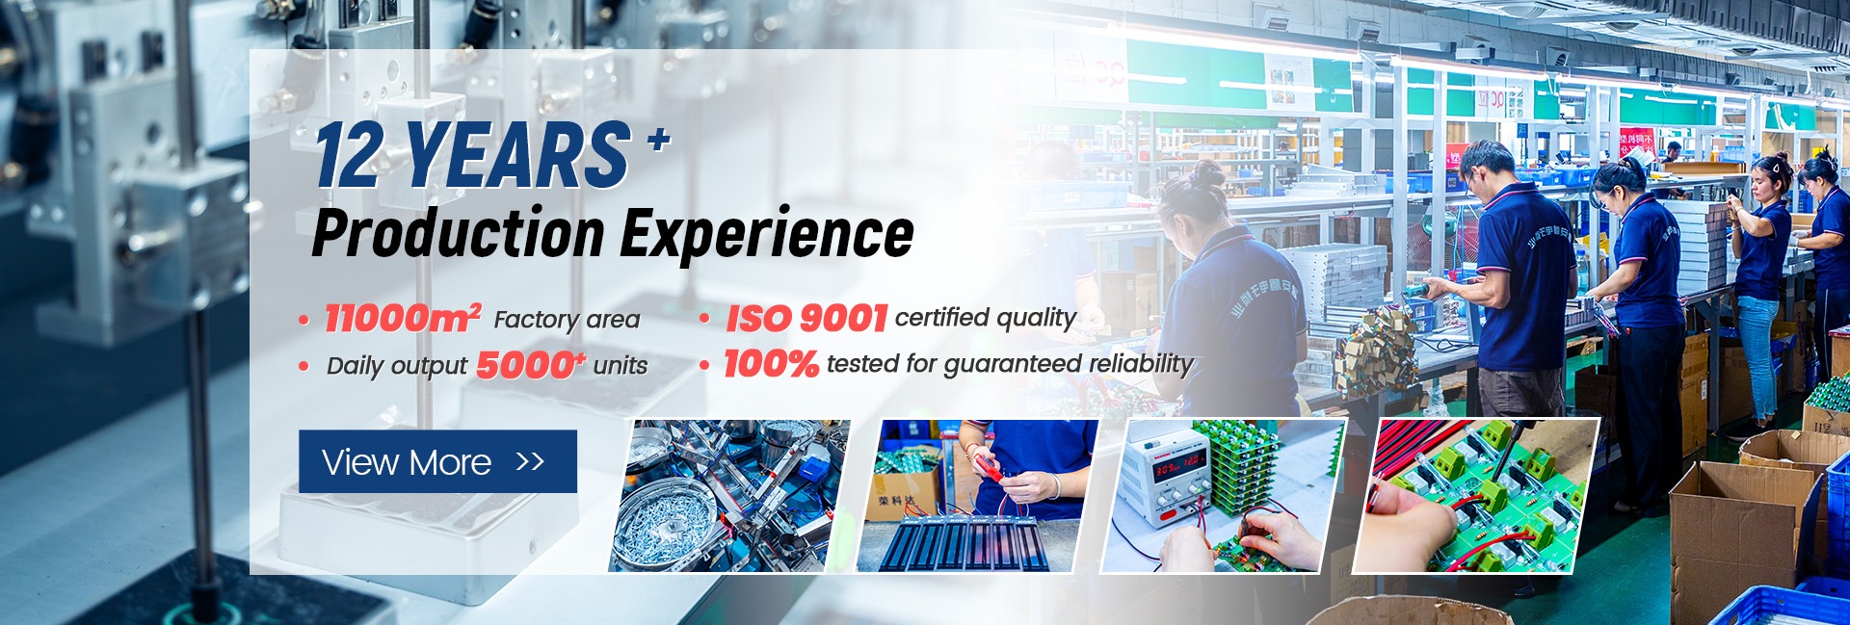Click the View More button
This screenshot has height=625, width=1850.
(437, 461)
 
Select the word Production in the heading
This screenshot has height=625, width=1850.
(459, 234)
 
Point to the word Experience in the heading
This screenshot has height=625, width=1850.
(767, 234)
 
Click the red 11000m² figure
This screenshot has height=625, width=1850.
(403, 318)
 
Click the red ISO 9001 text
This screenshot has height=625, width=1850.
(806, 318)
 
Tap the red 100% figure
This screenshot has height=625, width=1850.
(771, 364)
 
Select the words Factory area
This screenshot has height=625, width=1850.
(567, 320)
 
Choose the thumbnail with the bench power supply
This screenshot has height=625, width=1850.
(1223, 495)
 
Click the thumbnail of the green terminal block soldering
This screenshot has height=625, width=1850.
(1477, 495)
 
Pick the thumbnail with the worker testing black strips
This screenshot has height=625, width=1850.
(977, 495)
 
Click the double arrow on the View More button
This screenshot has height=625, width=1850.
(530, 462)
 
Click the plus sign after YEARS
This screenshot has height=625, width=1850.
(658, 141)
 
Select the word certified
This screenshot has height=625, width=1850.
(941, 318)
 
